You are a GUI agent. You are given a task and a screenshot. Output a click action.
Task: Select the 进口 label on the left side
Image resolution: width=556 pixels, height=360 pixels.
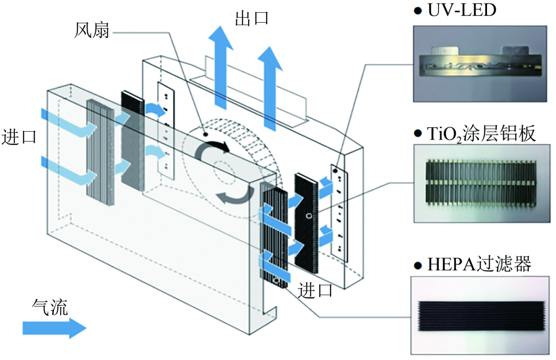tap(20, 138)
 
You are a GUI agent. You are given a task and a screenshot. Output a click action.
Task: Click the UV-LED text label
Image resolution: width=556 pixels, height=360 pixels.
tap(462, 10)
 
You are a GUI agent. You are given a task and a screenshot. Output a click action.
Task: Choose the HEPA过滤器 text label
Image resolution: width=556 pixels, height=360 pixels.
tap(479, 265)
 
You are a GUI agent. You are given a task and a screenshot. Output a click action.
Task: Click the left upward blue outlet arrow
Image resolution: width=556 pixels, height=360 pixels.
tap(220, 67)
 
